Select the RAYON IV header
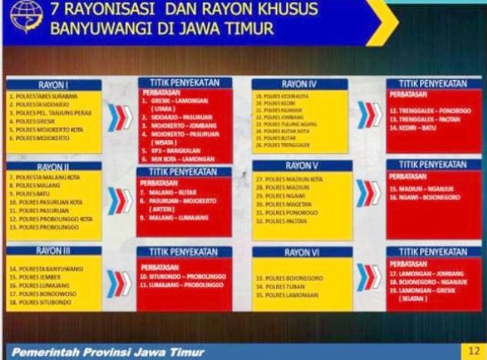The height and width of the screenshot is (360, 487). point(301,84)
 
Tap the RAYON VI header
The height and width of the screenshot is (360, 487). point(302,252)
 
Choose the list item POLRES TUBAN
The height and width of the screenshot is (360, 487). point(280,287)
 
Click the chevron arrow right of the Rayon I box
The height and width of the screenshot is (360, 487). point(119,117)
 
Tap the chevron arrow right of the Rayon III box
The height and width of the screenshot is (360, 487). point(119,282)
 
